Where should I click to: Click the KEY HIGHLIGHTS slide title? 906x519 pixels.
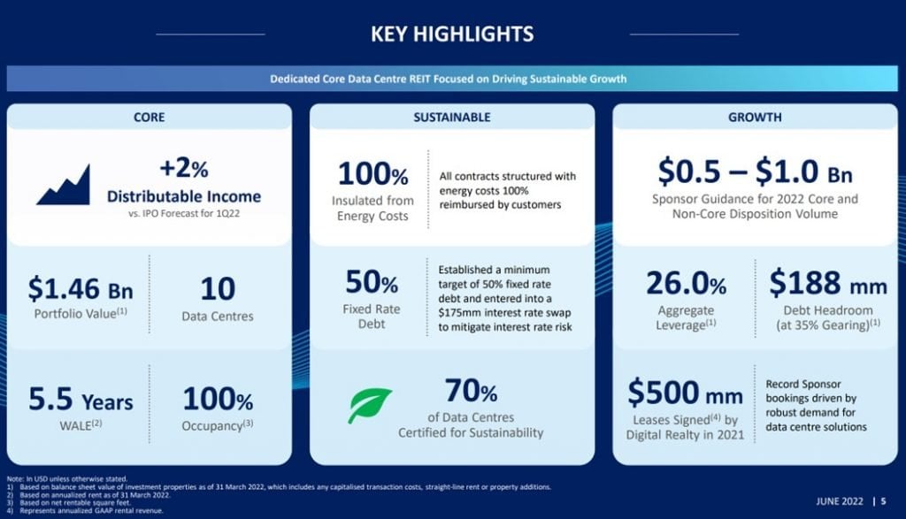(452, 34)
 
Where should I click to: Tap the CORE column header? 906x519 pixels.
(149, 118)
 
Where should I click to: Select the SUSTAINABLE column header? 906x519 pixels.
(452, 118)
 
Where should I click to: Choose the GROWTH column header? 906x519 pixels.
(755, 118)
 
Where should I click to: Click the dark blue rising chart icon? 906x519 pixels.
(64, 185)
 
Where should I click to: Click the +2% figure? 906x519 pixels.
(184, 168)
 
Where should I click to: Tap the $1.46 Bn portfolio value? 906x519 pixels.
(81, 288)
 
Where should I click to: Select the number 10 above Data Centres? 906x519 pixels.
(218, 288)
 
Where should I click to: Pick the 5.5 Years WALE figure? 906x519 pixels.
(81, 400)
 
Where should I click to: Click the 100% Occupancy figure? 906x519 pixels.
(218, 399)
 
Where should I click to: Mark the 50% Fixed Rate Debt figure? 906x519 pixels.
(372, 282)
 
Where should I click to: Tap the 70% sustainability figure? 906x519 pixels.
(471, 391)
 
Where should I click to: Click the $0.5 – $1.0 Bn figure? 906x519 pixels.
(755, 172)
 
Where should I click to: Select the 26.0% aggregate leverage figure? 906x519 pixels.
(686, 283)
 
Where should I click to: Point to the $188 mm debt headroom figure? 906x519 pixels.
(827, 283)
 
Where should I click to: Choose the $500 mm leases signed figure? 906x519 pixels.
(686, 393)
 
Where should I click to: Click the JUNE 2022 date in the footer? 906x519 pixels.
(840, 501)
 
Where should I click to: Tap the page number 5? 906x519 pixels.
(884, 501)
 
